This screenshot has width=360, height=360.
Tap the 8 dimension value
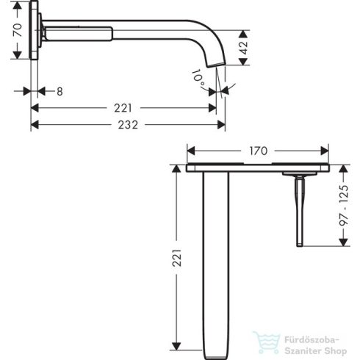(x=60, y=90)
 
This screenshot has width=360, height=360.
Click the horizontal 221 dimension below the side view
(x=124, y=108)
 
